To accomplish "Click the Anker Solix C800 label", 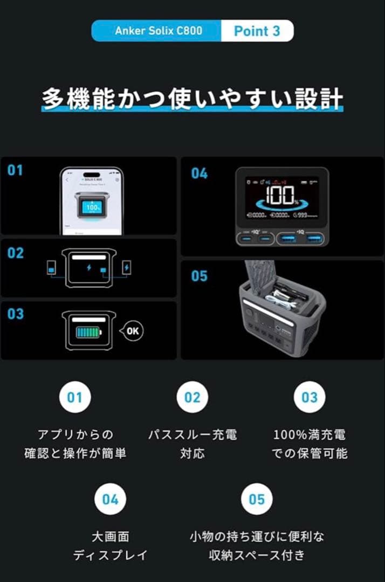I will click(159, 31).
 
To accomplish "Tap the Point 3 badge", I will click(257, 31).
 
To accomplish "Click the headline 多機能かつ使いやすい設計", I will click(192, 100).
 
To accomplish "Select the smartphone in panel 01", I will click(92, 201).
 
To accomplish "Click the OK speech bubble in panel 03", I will click(132, 330).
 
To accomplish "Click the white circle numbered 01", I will click(74, 397).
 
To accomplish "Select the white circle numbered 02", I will click(192, 397).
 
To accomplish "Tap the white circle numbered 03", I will click(310, 397).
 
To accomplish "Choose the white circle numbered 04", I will click(110, 499).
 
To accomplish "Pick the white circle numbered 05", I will click(257, 499).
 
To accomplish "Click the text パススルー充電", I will click(192, 434).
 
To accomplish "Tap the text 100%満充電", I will click(310, 434).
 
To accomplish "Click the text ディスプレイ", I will click(110, 555).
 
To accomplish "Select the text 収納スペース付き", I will click(257, 555).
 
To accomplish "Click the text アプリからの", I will click(75, 434).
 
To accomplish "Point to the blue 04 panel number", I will click(199, 174).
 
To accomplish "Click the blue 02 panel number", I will click(15, 252).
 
